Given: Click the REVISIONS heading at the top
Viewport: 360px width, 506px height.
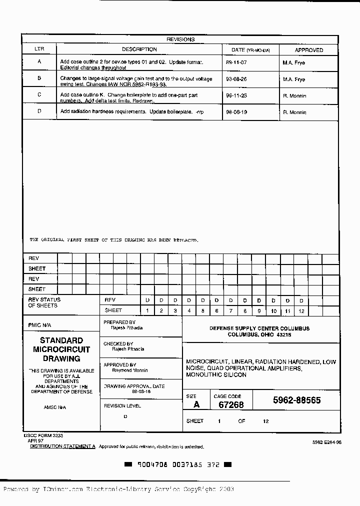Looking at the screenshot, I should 180,39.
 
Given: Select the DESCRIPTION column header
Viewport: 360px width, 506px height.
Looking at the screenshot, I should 139,49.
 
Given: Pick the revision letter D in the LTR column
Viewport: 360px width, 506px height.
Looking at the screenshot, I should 39,111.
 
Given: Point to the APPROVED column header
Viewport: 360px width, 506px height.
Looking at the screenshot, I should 308,50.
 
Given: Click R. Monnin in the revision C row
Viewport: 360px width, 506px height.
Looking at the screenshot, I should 294,95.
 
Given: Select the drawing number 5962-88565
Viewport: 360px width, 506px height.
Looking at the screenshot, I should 296,400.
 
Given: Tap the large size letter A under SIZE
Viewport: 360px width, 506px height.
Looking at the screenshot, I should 196,404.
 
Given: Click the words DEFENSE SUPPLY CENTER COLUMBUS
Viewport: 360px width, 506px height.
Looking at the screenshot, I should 259,328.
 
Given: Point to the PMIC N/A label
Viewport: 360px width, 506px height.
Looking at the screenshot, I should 39,325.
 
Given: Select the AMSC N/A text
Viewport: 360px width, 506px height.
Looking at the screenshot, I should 54,407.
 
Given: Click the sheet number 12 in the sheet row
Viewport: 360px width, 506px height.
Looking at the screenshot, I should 301,310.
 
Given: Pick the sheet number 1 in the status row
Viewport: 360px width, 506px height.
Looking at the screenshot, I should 147,310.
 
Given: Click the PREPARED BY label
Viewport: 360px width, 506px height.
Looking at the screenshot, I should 119,322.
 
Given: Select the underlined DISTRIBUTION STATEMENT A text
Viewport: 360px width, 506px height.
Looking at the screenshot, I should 62,446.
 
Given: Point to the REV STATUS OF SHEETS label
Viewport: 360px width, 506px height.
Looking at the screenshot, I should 44,302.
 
